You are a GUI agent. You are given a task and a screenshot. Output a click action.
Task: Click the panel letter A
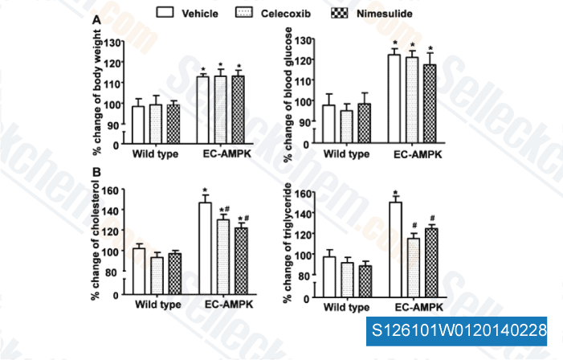96,19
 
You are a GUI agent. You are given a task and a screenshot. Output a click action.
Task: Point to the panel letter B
96,172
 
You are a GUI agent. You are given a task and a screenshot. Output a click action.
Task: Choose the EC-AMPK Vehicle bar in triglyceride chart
394,250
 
